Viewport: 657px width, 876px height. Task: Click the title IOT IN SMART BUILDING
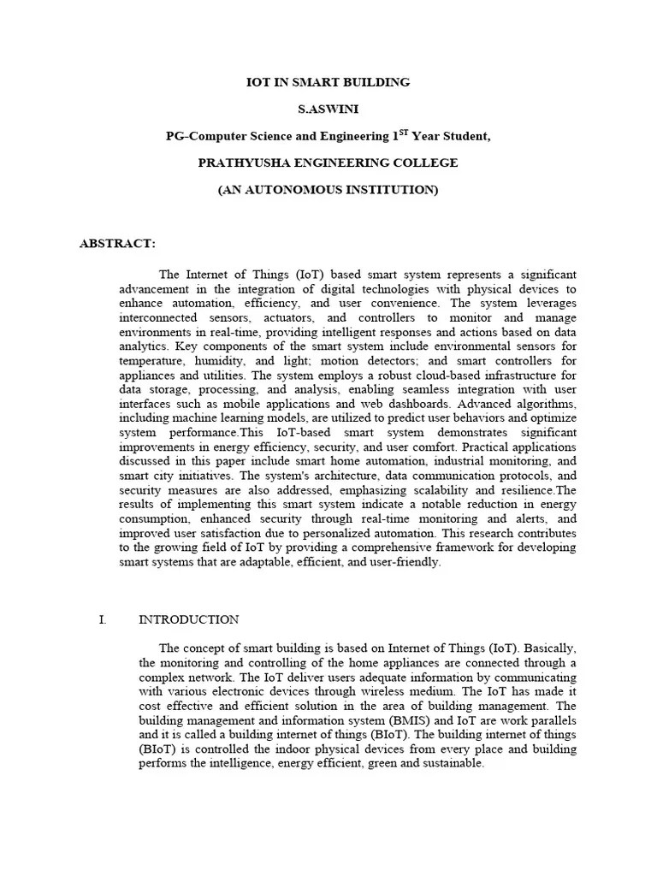click(328, 82)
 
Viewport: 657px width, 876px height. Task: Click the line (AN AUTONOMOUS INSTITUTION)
click(328, 189)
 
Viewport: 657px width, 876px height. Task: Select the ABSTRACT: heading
click(117, 243)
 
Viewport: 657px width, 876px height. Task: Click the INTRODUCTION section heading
click(188, 619)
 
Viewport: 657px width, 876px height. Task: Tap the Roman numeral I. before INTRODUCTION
click(103, 619)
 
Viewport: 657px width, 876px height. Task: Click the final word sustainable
click(448, 763)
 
